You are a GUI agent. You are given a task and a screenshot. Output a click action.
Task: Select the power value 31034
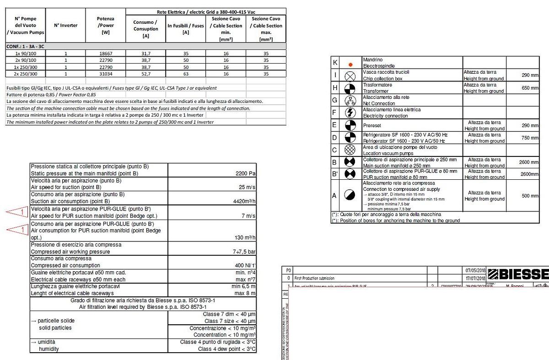tap(106, 74)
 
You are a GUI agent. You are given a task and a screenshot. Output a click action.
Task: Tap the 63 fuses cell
tap(186, 74)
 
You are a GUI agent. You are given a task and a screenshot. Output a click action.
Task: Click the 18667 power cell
tap(106, 54)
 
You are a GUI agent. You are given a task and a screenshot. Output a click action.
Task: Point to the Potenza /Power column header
tap(106, 25)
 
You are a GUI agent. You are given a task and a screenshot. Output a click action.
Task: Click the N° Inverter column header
tap(66, 25)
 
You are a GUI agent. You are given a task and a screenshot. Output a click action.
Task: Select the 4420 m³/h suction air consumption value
tap(244, 201)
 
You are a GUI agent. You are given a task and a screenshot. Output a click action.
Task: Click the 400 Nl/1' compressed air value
tap(245, 265)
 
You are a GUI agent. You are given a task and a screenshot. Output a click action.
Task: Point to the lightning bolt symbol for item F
tap(350, 113)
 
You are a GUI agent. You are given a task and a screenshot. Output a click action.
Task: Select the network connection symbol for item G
tap(350, 100)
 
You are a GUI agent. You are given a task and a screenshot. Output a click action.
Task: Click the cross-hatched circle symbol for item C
tap(350, 150)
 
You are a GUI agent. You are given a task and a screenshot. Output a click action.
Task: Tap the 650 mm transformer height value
tap(530, 88)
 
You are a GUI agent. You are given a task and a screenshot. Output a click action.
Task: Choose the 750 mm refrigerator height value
tap(530, 138)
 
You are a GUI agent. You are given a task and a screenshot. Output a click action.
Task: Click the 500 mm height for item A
tap(530, 196)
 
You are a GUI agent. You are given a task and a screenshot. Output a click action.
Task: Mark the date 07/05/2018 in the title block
tap(475, 271)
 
